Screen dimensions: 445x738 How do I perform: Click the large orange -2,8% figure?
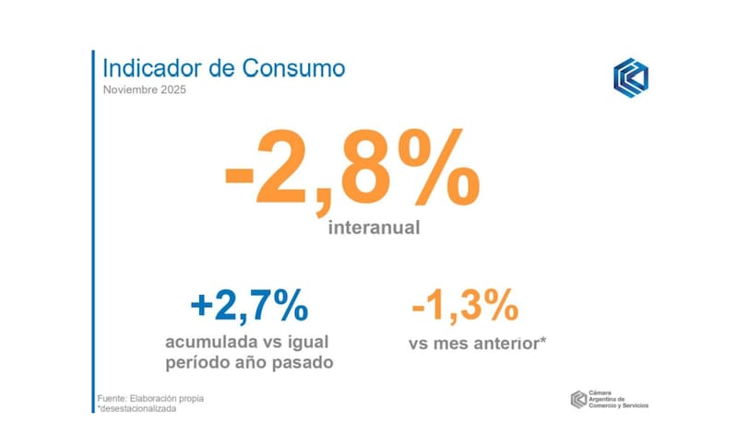(351, 170)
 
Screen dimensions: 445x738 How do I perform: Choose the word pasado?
(300, 363)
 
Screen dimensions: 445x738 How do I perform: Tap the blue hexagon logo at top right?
(630, 77)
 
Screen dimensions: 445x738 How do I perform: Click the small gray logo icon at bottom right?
(578, 398)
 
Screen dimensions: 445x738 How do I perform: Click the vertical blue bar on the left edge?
(93, 230)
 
